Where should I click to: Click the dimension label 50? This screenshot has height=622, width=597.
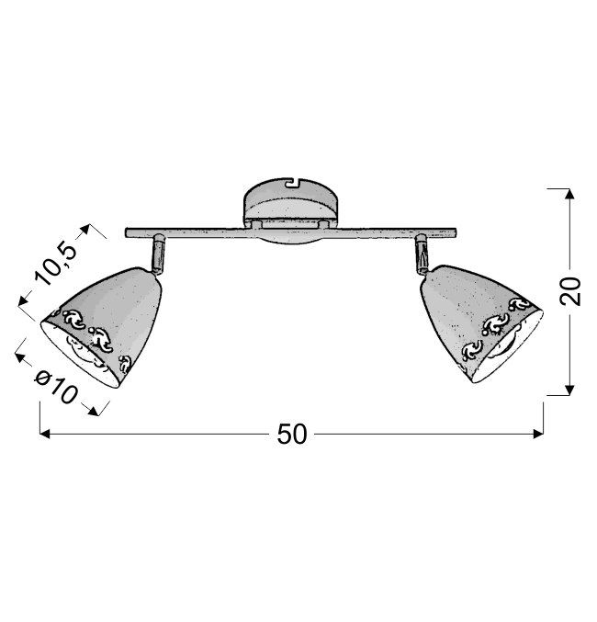(292, 434)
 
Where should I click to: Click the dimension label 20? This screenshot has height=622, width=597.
(570, 291)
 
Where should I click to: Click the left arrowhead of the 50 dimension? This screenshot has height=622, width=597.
(45, 434)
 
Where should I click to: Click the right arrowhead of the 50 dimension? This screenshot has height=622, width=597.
(539, 434)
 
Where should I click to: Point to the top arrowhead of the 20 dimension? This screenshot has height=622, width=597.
(569, 194)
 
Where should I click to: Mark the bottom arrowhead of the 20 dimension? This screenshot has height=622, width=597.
(569, 390)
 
